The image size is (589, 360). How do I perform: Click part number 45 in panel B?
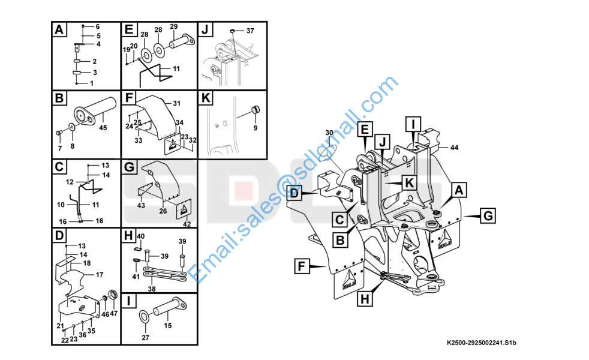(103, 128)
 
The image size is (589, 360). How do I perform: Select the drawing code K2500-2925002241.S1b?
(482, 343)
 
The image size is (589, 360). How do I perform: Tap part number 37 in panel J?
(250, 31)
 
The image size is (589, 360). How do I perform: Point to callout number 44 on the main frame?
(454, 148)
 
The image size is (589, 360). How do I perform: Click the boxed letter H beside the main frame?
(365, 299)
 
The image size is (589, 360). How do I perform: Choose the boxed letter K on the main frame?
(409, 183)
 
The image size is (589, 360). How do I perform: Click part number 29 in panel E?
(173, 26)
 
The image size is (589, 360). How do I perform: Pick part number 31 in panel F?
(176, 103)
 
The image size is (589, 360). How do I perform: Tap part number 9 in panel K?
(256, 128)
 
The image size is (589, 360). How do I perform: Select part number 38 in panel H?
(152, 289)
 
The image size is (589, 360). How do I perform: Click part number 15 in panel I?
(167, 325)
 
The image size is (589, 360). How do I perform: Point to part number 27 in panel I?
(146, 338)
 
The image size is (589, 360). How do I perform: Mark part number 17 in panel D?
(99, 275)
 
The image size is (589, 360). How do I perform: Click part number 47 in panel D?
(113, 313)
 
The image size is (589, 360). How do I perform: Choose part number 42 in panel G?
(187, 224)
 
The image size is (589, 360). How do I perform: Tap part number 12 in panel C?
(70, 182)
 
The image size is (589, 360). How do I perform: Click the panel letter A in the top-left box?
(59, 29)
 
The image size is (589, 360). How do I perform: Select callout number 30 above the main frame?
(329, 133)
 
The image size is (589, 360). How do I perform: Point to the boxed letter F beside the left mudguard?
(301, 266)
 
